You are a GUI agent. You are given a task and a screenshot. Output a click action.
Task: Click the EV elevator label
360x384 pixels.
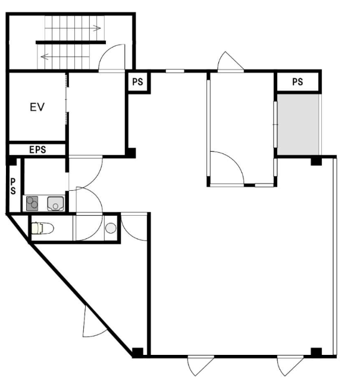(x=37, y=107)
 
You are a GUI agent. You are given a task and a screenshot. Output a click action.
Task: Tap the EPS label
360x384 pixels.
(x=37, y=150)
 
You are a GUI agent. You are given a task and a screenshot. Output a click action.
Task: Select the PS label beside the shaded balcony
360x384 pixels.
(x=298, y=82)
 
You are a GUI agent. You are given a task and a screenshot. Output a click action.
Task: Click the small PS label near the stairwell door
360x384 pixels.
(x=137, y=82)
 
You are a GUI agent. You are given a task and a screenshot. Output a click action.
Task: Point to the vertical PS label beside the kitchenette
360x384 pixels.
(x=13, y=187)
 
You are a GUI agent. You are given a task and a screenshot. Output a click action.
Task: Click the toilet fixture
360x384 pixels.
(x=43, y=228)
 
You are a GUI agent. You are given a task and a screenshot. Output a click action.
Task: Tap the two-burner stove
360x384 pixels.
(x=32, y=203)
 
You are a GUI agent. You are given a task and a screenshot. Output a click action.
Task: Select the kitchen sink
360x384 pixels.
(x=55, y=203)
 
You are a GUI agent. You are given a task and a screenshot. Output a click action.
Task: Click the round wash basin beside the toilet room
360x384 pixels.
(x=111, y=228)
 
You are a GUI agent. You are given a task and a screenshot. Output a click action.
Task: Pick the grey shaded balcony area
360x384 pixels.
(x=298, y=124)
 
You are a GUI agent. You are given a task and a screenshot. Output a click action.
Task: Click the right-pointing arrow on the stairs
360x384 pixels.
(x=97, y=28)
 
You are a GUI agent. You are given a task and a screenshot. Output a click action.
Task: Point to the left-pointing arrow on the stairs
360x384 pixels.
(x=45, y=57)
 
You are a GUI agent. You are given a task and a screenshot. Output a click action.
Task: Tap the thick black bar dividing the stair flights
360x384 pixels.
(x=71, y=42)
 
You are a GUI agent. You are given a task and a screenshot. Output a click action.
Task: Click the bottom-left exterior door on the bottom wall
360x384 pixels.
(x=199, y=366)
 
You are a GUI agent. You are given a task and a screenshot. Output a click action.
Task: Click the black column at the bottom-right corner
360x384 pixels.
(x=317, y=352)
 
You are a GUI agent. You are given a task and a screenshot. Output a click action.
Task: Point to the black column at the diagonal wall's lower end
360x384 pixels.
(x=137, y=352)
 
